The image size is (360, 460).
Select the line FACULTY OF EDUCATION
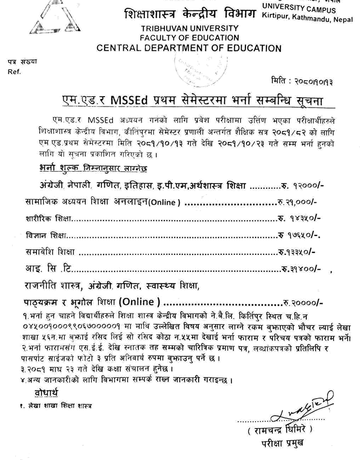pyautogui.click(x=189, y=38)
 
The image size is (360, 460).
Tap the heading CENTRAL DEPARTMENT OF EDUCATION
pyautogui.click(x=189, y=48)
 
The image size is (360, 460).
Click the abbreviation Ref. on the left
pyautogui.click(x=14, y=71)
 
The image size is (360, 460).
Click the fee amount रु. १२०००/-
pyautogui.click(x=303, y=186)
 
